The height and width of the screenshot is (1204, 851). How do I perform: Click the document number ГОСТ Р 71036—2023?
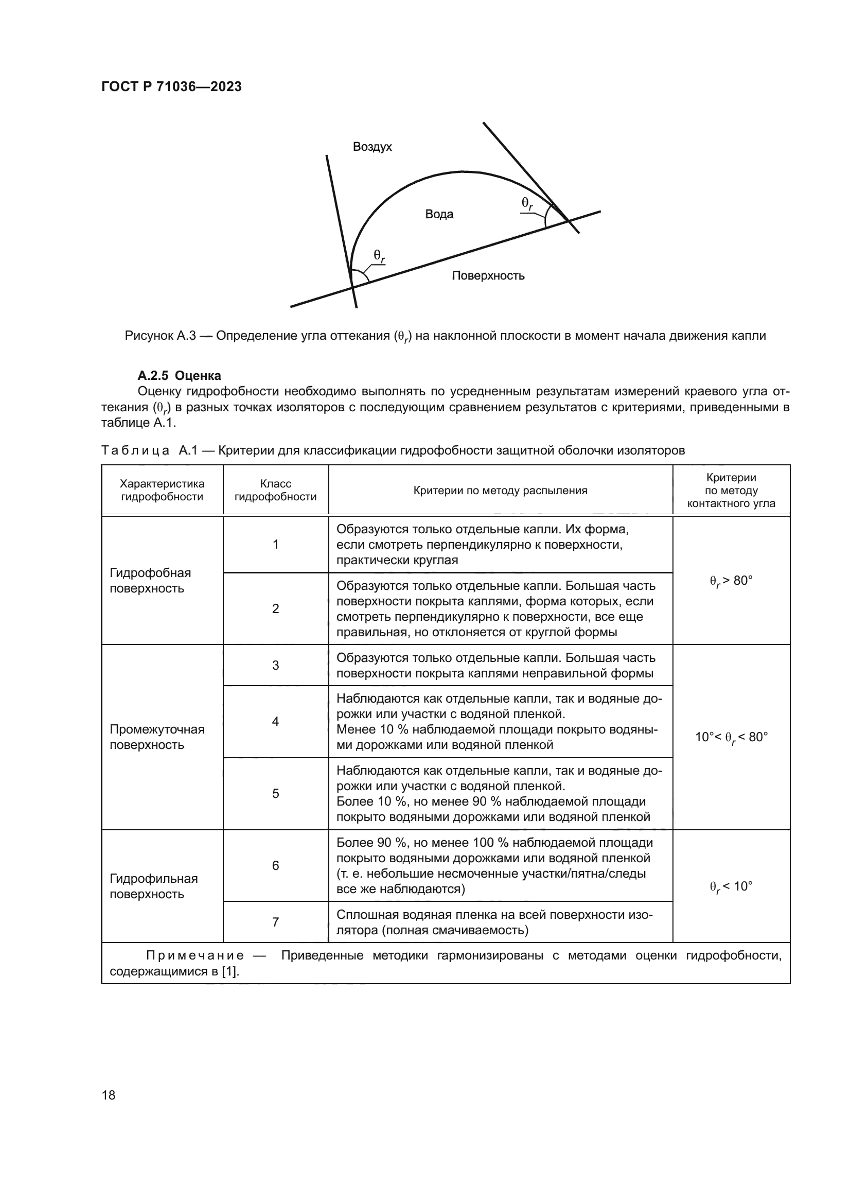171,86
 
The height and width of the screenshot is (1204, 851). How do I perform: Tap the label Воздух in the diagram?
372,147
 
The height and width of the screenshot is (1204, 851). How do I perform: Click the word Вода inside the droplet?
439,214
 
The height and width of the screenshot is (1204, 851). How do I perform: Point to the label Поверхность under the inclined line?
488,276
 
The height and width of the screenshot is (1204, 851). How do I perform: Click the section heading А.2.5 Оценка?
179,375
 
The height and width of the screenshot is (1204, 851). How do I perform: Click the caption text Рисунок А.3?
160,336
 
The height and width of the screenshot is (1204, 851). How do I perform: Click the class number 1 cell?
275,544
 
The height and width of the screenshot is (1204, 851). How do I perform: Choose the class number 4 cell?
275,721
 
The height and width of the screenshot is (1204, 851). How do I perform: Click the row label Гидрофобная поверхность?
150,581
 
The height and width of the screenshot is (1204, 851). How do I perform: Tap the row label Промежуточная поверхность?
157,737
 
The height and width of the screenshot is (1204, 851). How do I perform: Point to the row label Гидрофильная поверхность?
153,886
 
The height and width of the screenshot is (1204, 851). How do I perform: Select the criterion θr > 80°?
731,581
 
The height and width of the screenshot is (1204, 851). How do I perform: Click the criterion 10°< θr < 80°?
731,737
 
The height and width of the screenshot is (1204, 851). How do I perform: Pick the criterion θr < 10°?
731,887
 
